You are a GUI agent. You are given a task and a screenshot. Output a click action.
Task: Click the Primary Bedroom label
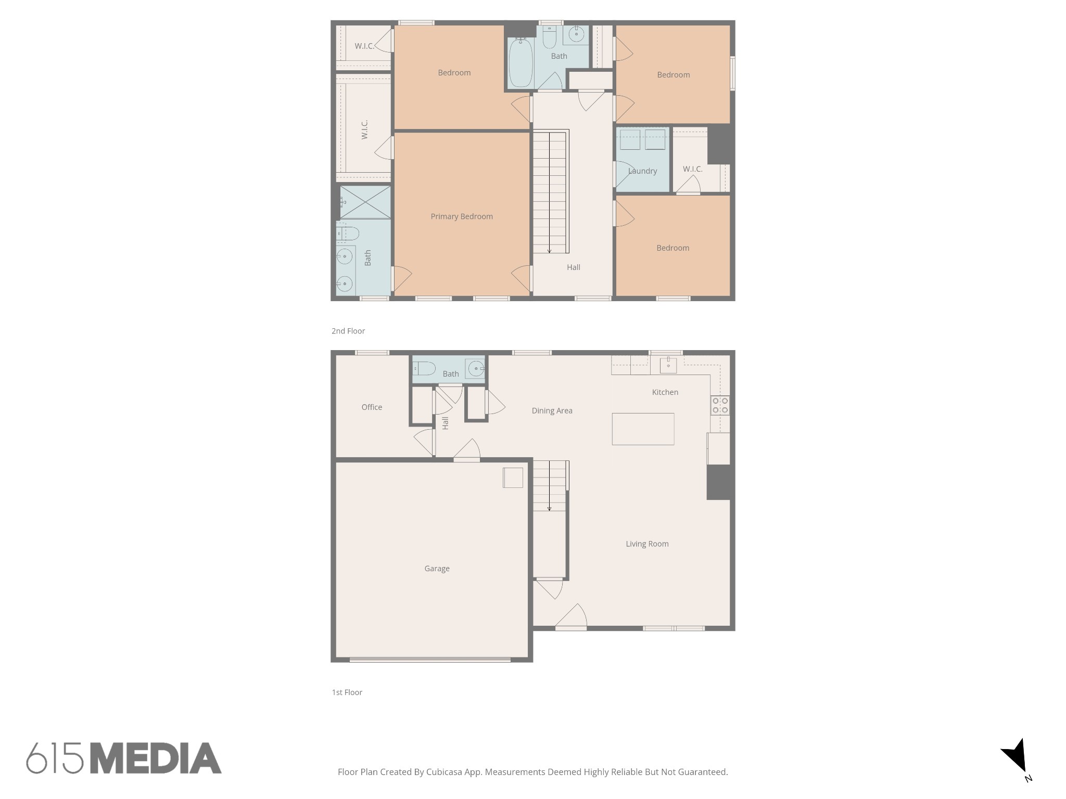coord(462,216)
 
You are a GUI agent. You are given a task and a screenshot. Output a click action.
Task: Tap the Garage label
coord(437,569)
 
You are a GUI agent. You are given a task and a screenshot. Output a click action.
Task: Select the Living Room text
coord(647,544)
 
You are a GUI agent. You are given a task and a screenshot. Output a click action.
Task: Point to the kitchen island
coord(643,429)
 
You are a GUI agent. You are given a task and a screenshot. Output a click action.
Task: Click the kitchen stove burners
coord(720,405)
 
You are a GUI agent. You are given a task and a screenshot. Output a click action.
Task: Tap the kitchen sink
coord(668,365)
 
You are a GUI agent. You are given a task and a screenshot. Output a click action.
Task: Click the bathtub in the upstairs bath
coord(521,63)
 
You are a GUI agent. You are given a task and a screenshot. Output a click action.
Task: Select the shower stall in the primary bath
coord(365,202)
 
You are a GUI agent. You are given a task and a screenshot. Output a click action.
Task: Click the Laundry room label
coord(642,171)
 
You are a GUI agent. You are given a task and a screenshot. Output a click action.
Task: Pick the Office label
coord(372,407)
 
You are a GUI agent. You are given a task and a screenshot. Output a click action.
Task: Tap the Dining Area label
coord(552,410)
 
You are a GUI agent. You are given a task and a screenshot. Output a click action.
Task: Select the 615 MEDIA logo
coord(124,757)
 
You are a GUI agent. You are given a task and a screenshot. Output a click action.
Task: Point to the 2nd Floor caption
coord(348,331)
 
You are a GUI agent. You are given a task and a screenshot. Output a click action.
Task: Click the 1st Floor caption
coord(347,692)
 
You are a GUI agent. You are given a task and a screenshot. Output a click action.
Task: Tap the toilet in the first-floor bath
coord(424,369)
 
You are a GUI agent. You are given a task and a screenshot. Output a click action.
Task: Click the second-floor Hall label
coord(574,267)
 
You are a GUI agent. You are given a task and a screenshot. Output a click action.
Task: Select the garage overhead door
coord(430,660)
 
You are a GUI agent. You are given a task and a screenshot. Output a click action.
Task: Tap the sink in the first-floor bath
coord(476,369)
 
